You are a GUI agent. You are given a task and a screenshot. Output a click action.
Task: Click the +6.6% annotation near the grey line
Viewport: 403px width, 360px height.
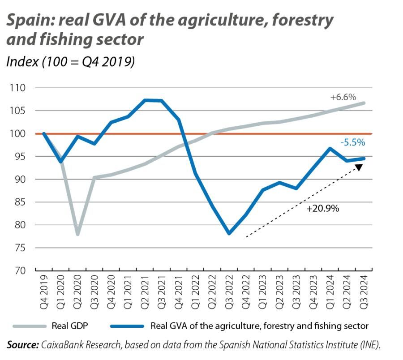click(343, 97)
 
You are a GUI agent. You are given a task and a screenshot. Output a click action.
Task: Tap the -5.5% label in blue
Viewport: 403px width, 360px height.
click(353, 143)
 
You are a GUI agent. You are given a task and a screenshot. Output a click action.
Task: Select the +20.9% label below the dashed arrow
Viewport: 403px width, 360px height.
click(322, 208)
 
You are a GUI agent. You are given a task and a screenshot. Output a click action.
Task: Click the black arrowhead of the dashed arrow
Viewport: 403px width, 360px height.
click(359, 168)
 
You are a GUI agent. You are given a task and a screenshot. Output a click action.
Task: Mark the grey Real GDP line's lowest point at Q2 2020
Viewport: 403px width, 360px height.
click(78, 234)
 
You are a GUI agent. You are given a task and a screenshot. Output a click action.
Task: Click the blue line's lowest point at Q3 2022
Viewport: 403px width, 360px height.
click(229, 233)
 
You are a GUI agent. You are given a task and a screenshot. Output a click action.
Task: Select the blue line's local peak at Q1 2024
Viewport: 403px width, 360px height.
click(329, 149)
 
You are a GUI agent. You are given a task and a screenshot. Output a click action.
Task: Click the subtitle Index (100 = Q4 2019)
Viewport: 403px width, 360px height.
click(70, 61)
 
